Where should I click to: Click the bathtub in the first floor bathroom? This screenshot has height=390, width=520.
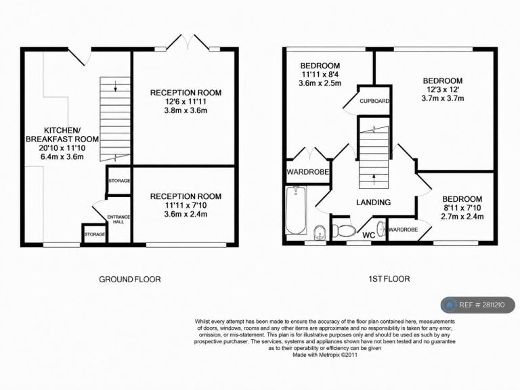point(295,211)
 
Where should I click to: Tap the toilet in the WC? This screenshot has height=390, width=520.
point(343,230)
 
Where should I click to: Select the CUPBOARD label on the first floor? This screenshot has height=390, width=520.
point(374,101)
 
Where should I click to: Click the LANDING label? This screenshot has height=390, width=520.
point(374,202)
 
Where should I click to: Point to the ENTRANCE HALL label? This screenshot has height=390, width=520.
point(118,219)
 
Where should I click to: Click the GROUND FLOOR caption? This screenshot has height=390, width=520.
point(130,279)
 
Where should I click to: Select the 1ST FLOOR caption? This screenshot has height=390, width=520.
point(389,279)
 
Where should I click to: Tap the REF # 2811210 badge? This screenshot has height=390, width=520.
point(478,305)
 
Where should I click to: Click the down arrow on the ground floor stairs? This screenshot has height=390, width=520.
point(115,86)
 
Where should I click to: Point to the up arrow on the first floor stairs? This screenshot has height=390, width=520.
point(374,179)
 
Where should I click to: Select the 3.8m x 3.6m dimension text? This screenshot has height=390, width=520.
point(186,110)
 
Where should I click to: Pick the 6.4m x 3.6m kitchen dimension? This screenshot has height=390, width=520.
point(62,157)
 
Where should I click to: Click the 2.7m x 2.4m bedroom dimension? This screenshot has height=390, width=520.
point(462,217)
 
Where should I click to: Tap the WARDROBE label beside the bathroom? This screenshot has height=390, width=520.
point(308,172)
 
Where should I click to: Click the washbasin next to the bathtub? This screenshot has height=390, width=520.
point(320,232)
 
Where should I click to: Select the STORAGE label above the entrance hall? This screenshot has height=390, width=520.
point(119,181)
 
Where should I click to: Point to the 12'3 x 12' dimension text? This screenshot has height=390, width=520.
point(443,89)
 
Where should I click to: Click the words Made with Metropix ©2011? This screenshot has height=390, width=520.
point(325,355)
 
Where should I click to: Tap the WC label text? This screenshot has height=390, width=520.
point(369,235)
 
